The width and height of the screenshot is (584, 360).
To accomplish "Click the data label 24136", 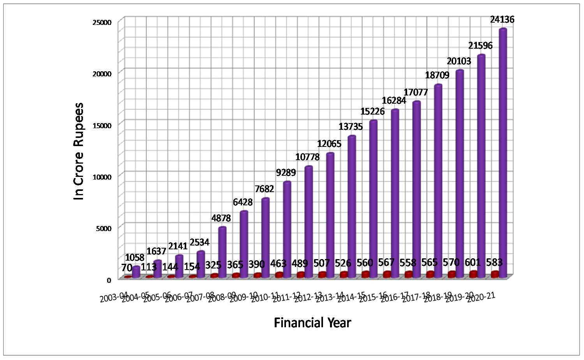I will [502, 19].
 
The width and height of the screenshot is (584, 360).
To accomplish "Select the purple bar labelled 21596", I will [481, 164].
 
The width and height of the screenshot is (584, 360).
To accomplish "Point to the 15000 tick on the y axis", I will [104, 125].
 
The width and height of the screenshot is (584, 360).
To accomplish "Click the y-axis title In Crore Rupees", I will [79, 152].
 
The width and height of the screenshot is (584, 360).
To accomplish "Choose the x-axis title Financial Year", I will [312, 323].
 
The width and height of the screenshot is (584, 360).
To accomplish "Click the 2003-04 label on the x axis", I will [114, 298].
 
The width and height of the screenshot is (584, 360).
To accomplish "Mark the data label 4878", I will [221, 218].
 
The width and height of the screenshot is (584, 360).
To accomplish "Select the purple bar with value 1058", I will [136, 272].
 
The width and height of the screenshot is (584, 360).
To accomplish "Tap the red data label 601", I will [473, 262].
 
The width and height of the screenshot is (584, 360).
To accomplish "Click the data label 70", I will [127, 268].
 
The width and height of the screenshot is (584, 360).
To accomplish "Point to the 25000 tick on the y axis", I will [102, 22].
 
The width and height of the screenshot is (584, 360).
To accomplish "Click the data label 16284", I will [394, 101].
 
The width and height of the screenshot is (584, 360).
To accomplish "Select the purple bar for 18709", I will [438, 179].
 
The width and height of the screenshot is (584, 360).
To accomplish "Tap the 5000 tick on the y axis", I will [104, 228].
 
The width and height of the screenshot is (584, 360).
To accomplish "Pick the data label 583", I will [494, 262].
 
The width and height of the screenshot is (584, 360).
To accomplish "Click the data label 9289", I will [286, 172].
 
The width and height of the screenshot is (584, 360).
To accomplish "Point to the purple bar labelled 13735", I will [351, 206].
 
